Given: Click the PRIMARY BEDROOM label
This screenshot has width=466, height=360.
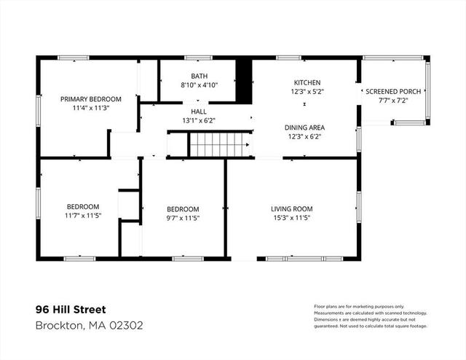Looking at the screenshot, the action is pyautogui.click(x=90, y=99).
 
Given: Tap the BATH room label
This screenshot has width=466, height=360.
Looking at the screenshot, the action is pyautogui.click(x=199, y=77).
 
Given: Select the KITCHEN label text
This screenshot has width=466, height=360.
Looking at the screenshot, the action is pyautogui.click(x=307, y=82).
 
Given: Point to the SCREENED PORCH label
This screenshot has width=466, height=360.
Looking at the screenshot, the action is pyautogui.click(x=393, y=92).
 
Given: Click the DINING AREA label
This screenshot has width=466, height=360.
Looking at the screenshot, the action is pyautogui.click(x=304, y=128).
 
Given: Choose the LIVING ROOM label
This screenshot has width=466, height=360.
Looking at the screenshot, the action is pyautogui.click(x=291, y=209).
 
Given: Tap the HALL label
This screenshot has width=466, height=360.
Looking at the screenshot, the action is pyautogui.click(x=199, y=111).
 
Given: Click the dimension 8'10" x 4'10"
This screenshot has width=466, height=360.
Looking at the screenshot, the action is pyautogui.click(x=199, y=85).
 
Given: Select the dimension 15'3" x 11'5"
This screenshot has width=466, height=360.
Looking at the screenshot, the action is pyautogui.click(x=291, y=218).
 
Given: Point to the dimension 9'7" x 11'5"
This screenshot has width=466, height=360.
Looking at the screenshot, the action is pyautogui.click(x=183, y=218).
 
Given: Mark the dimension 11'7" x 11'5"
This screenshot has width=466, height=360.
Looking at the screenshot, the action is pyautogui.click(x=83, y=216).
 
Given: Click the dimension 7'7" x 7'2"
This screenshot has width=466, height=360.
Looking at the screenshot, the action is pyautogui.click(x=393, y=101).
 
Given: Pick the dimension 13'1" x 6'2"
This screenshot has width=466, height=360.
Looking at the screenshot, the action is pyautogui.click(x=199, y=120).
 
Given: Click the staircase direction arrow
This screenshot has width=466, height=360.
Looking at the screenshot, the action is pyautogui.click(x=248, y=145).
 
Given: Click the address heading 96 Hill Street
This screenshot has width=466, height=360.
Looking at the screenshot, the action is pyautogui.click(x=71, y=310).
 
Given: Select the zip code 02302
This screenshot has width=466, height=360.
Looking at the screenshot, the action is pyautogui.click(x=126, y=325).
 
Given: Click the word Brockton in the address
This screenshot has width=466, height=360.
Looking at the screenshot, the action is pyautogui.click(x=58, y=326).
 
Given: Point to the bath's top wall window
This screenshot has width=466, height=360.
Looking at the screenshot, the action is pyautogui.click(x=198, y=58).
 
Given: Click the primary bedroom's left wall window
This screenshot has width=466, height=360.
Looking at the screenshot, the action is pyautogui.click(x=39, y=110).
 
